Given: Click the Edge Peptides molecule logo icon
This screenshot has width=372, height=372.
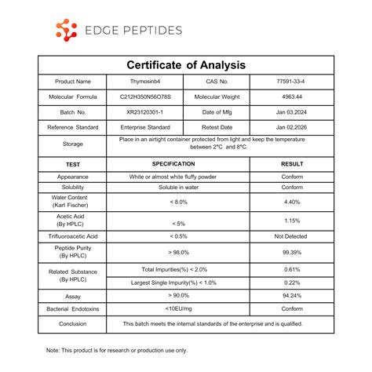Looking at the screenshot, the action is (x=67, y=31).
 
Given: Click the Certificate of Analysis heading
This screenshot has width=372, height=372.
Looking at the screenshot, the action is (x=186, y=64).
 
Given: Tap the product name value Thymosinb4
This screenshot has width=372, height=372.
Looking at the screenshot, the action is (x=145, y=82).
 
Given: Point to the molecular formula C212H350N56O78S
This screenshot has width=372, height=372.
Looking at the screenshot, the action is (x=145, y=97).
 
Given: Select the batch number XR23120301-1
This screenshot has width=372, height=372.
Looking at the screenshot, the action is (x=145, y=111).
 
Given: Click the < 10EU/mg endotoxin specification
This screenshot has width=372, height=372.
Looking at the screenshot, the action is (x=178, y=309).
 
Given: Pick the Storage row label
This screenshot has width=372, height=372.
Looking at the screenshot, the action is (x=72, y=144).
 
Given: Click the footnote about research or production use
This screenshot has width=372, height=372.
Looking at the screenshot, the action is (x=117, y=350).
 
